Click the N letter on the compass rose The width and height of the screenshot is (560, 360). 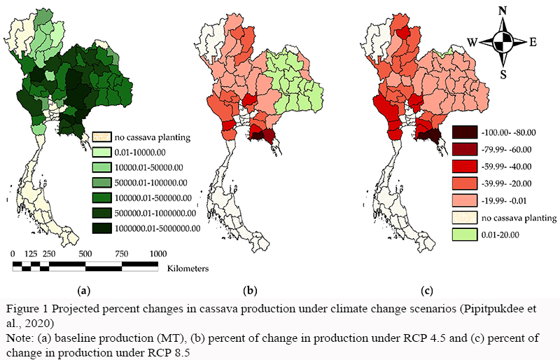[501, 11]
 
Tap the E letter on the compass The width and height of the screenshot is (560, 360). [533, 42]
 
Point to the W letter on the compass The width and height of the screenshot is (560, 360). [472, 42]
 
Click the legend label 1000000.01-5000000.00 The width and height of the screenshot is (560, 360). [157, 228]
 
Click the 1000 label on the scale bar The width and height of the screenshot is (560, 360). [157, 253]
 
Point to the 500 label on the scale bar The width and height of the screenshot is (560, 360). [85, 253]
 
